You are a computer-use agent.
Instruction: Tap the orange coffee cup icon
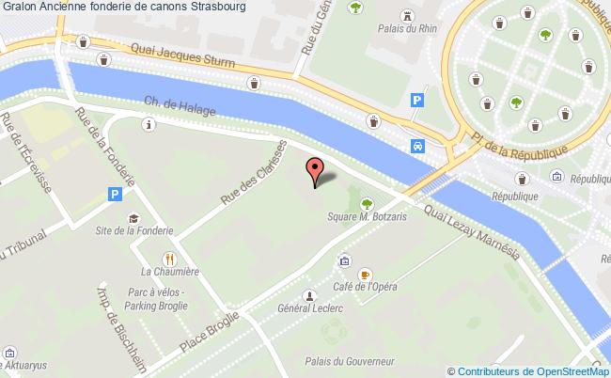[x=366, y=274]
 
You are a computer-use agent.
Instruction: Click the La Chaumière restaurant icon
[x=170, y=258]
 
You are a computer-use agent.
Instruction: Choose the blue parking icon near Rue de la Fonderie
[x=116, y=195]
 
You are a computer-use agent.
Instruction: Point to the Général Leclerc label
[x=307, y=307]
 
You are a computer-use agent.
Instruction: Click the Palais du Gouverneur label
[x=348, y=361]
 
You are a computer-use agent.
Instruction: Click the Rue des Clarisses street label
[x=253, y=169]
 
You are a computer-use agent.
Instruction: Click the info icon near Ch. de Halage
[x=148, y=124]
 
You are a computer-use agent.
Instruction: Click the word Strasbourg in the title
[x=218, y=7]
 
